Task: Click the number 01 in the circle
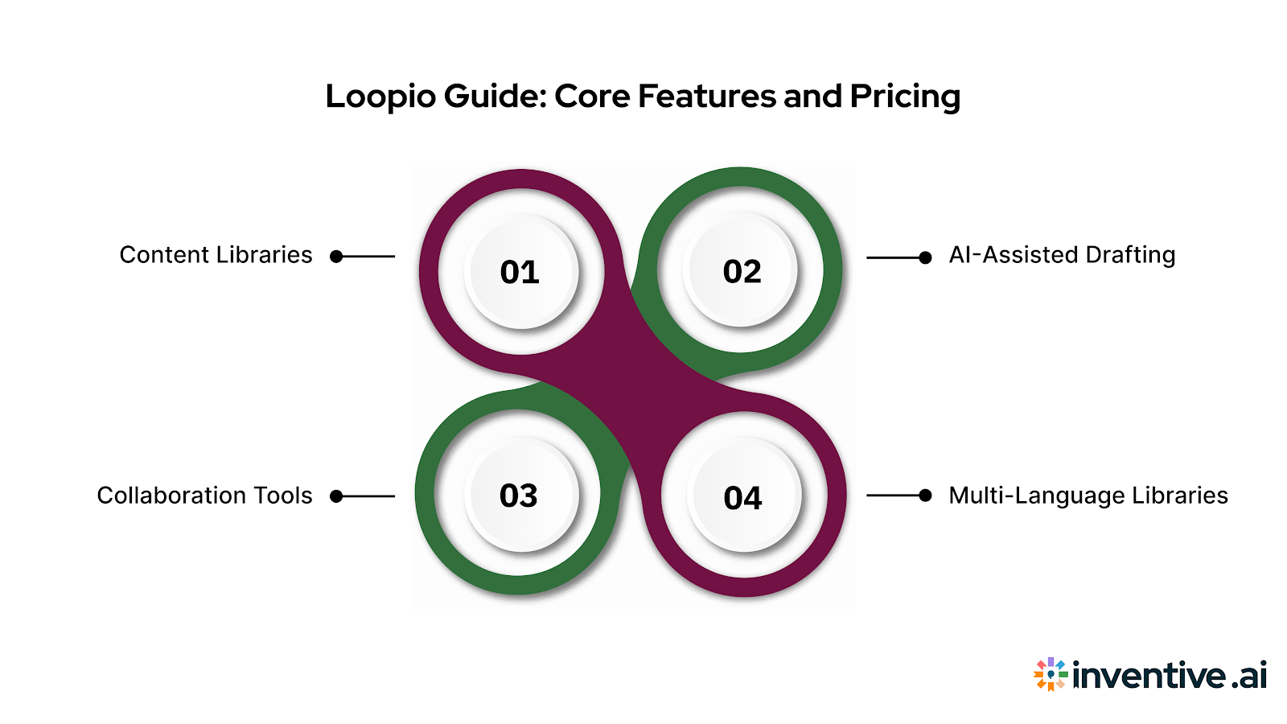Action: [520, 273]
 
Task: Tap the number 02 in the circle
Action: [742, 272]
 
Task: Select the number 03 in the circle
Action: [519, 496]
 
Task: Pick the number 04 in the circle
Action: [742, 498]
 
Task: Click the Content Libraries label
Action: [216, 255]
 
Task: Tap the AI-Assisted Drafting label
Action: [1062, 255]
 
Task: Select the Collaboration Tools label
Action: [204, 496]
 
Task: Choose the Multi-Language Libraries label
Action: [1088, 496]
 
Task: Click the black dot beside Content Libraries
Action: [337, 257]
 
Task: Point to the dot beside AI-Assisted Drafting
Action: [925, 257]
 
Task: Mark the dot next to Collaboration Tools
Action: [337, 496]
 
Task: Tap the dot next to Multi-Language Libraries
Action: [925, 496]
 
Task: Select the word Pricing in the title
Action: [905, 97]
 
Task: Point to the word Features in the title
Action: [707, 97]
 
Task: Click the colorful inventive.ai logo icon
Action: [1051, 674]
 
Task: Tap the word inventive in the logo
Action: [1149, 675]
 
